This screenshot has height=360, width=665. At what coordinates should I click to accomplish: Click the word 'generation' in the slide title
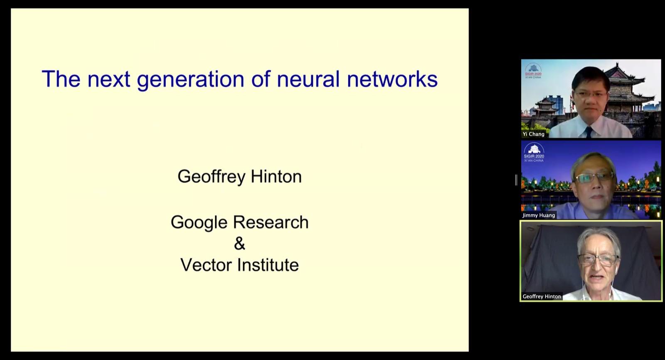click(190, 79)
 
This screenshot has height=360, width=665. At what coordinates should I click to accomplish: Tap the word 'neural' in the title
click(308, 79)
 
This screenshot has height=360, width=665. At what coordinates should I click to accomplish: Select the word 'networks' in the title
click(392, 79)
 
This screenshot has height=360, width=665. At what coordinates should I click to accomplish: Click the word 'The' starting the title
click(61, 79)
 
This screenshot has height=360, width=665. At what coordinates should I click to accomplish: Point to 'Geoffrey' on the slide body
click(212, 177)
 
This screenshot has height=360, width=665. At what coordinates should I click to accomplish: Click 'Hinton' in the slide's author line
click(276, 176)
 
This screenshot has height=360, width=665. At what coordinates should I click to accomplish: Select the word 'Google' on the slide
click(199, 223)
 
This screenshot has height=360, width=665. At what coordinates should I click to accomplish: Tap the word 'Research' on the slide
click(271, 222)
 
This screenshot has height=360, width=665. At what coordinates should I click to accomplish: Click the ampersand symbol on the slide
click(239, 244)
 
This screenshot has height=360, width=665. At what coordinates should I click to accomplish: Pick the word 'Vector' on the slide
click(206, 265)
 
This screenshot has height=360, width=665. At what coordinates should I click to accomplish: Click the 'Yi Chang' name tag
click(534, 134)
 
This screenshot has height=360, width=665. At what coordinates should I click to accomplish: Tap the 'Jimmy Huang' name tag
click(539, 215)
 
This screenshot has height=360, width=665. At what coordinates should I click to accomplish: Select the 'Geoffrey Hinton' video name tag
click(542, 296)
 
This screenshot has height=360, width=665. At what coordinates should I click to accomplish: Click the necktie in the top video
click(589, 132)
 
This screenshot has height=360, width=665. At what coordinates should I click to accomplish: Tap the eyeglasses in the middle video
click(594, 178)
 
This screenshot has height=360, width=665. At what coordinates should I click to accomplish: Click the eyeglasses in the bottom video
click(598, 260)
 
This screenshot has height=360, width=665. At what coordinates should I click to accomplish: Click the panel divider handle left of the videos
click(516, 180)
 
